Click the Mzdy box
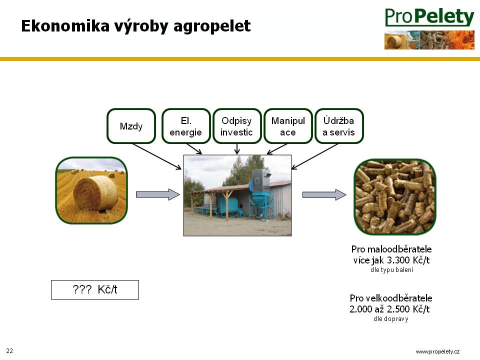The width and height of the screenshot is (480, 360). click(131, 126)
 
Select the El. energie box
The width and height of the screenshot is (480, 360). click(186, 126)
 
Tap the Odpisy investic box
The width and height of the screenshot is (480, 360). click(237, 126)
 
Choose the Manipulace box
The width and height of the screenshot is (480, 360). click(288, 126)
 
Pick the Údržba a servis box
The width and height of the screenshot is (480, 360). click(339, 126)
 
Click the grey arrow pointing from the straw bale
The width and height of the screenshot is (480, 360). click(157, 194)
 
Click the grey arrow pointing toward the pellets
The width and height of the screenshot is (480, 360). click(324, 194)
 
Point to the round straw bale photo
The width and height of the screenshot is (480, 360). click(91, 190)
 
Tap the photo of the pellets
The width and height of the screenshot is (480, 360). click(395, 197)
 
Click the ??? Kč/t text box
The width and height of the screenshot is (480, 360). click(95, 289)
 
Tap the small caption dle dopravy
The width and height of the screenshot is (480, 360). click(391, 319)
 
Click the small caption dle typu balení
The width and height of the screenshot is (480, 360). click(392, 270)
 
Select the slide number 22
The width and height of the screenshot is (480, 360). click(9, 351)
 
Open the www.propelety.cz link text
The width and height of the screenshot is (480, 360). click(437, 351)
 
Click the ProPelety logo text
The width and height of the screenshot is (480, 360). click(429, 17)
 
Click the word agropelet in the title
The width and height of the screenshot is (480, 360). click(212, 26)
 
